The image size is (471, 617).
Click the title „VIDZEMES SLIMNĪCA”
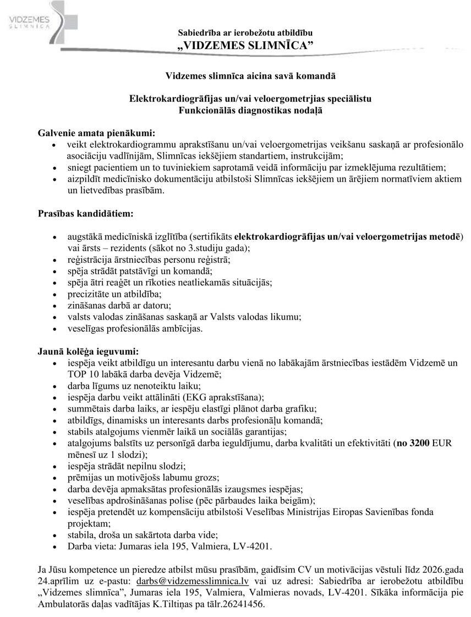(x=246, y=45)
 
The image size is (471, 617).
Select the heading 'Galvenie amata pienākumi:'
(x=96, y=133)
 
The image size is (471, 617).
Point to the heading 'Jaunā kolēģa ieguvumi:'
(x=88, y=350)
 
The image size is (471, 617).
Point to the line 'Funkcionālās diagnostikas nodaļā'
(x=250, y=110)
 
